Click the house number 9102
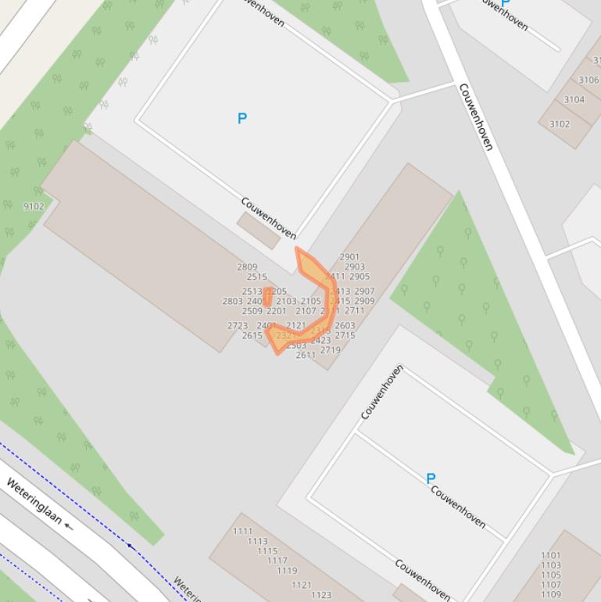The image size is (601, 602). click(34, 206)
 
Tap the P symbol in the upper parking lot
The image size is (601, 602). click(242, 118)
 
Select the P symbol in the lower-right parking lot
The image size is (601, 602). click(430, 478)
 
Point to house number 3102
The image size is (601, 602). click(560, 124)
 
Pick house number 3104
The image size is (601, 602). click(574, 99)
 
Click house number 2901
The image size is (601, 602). click(349, 256)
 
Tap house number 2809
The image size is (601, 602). click(247, 267)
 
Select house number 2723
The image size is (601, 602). click(238, 325)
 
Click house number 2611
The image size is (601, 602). click(306, 355)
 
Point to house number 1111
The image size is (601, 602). click(243, 531)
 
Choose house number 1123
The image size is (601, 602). click(321, 595)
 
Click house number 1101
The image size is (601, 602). click(550, 555)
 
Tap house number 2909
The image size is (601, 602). click(364, 301)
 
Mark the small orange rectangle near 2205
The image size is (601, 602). click(268, 296)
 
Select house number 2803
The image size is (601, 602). click(232, 301)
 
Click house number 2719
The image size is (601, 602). click(330, 349)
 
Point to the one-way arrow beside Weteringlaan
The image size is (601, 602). click(69, 525)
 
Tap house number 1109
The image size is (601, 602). click(550, 594)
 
